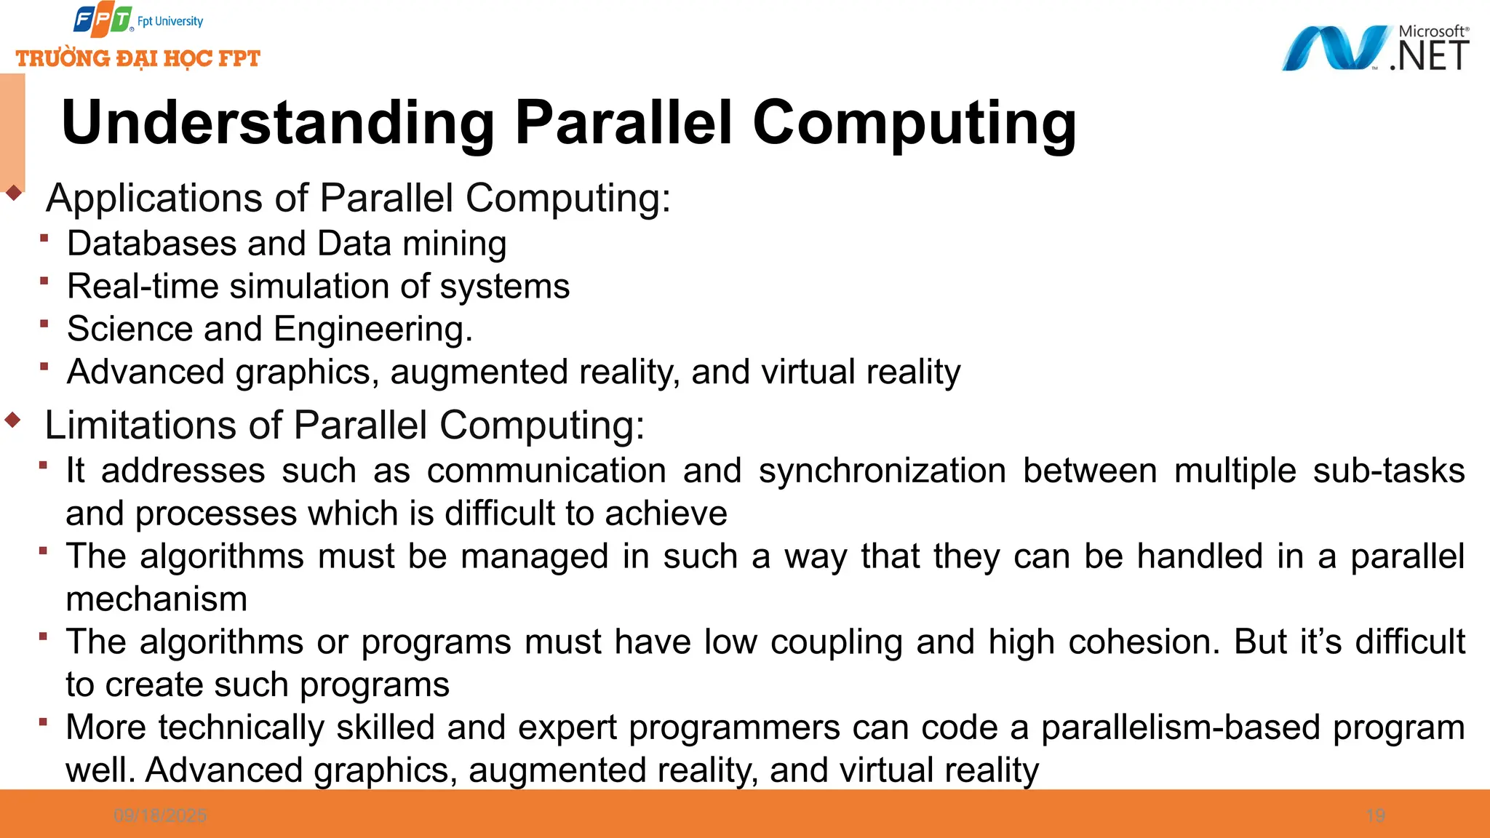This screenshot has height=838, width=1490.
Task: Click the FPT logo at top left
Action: tap(103, 20)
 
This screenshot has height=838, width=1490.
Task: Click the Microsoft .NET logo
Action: tap(1375, 49)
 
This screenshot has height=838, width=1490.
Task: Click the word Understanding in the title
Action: tap(278, 122)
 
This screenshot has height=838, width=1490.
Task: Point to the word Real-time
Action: tap(143, 286)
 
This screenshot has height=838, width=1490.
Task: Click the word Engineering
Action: tap(372, 330)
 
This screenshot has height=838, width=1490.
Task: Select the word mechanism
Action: tap(156, 599)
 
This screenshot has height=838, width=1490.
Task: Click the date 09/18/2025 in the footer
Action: tap(160, 815)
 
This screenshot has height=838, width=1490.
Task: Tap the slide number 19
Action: tap(1375, 815)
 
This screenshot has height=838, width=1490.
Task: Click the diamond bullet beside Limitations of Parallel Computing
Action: tap(13, 420)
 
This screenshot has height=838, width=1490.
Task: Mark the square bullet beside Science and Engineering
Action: tap(44, 324)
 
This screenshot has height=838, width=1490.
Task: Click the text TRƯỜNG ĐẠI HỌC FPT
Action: tap(138, 58)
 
